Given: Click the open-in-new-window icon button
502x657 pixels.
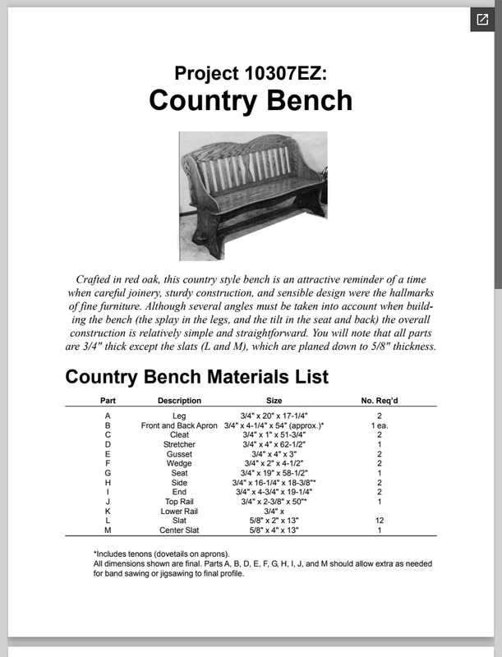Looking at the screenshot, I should [481, 20].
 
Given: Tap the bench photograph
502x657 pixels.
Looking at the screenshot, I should [253, 195].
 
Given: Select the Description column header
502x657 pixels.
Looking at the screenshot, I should [179, 401].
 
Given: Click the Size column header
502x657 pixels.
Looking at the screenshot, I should [274, 401].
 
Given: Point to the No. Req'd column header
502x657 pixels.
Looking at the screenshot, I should [380, 401].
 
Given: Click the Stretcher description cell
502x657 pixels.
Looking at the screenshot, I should [179, 444].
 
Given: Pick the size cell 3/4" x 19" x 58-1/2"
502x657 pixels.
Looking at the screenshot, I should [274, 473].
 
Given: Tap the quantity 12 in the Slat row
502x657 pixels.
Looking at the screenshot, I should [380, 521].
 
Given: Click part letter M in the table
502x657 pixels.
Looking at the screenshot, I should [108, 531].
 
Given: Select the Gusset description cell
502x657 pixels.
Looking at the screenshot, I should [179, 454].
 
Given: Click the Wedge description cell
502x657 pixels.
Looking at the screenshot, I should [179, 463].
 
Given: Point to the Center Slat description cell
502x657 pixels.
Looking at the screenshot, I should [179, 531].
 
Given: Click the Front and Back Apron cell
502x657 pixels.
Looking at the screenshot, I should [179, 425].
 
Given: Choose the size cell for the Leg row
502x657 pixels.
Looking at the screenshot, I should [274, 416].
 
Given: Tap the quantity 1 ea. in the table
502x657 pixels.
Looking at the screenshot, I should [380, 425].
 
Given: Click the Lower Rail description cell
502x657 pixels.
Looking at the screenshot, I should [179, 511].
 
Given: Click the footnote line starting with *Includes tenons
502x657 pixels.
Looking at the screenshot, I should [162, 554].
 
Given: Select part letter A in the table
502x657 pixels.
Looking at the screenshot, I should [108, 416].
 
